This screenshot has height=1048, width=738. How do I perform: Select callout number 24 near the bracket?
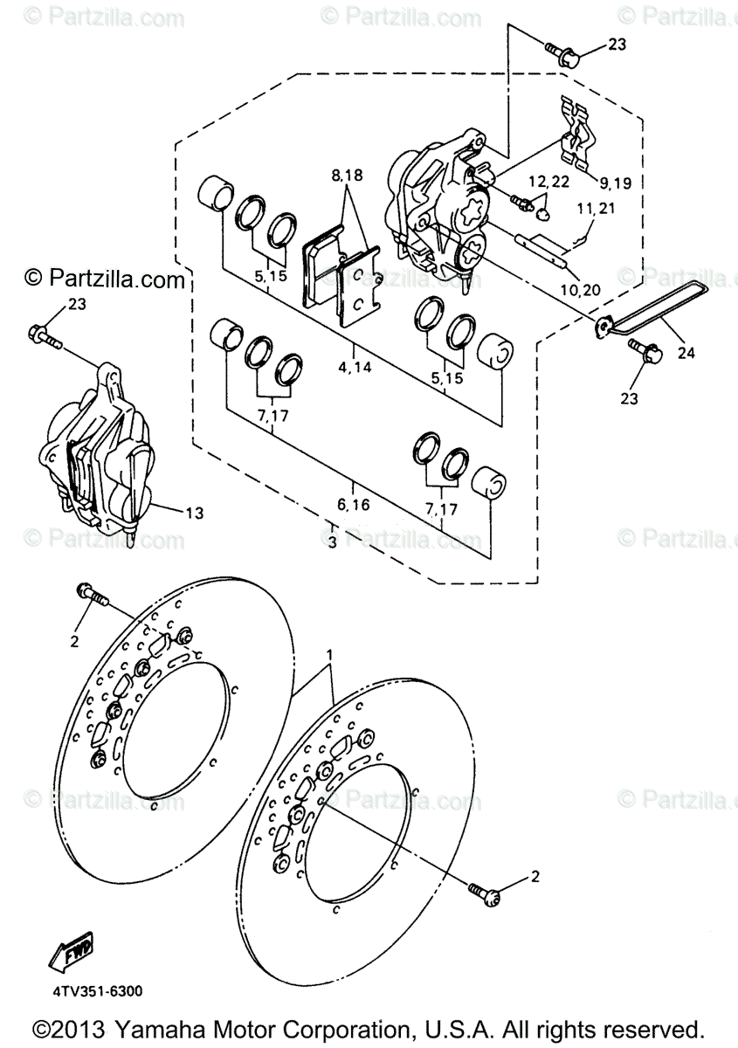[x=686, y=353]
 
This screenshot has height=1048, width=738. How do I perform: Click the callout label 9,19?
[x=615, y=183]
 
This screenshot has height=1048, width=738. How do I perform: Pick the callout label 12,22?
[x=548, y=182]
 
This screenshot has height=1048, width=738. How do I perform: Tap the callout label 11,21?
[x=596, y=210]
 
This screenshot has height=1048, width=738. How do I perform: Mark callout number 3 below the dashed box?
[x=332, y=542]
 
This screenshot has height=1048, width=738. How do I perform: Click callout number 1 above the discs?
[x=330, y=654]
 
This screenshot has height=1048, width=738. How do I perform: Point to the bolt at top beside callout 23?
[x=562, y=54]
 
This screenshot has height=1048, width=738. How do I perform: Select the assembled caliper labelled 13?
[x=96, y=463]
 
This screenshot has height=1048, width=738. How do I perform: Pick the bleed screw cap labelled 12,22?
[x=541, y=210]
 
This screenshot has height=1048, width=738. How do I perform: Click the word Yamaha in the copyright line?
[x=157, y=1027]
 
